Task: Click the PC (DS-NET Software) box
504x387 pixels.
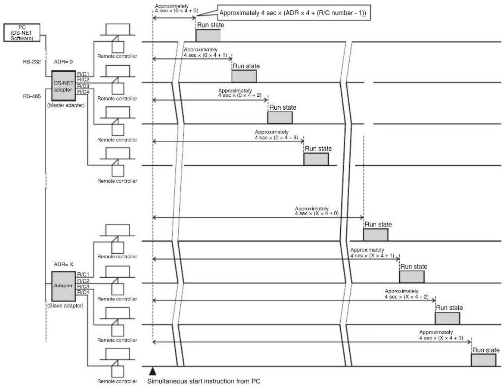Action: click(22, 32)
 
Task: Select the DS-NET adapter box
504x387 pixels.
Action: click(63, 86)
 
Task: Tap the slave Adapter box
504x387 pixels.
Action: click(63, 286)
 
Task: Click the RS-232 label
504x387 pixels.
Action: click(32, 62)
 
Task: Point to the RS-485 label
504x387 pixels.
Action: click(32, 96)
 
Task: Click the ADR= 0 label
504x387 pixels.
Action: click(63, 62)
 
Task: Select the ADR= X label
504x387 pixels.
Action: click(63, 264)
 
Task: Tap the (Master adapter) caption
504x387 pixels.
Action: click(66, 105)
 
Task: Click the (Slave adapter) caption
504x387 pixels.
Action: click(65, 306)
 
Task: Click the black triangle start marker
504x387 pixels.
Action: click(153, 371)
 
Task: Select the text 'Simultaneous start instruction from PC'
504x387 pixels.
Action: click(204, 381)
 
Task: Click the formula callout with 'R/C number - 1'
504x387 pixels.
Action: click(293, 13)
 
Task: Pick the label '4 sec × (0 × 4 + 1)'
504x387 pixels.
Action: click(205, 55)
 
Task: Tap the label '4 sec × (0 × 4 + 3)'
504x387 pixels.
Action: click(277, 137)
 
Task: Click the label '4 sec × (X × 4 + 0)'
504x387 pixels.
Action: click(317, 213)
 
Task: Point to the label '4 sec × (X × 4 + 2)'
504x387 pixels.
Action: click(407, 297)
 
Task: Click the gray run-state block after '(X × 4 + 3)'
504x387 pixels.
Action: click(484, 360)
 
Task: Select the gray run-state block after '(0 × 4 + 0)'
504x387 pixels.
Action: click(208, 35)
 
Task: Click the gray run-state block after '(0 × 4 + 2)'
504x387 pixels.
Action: click(280, 117)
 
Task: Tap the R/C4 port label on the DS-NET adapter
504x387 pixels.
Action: click(83, 92)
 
